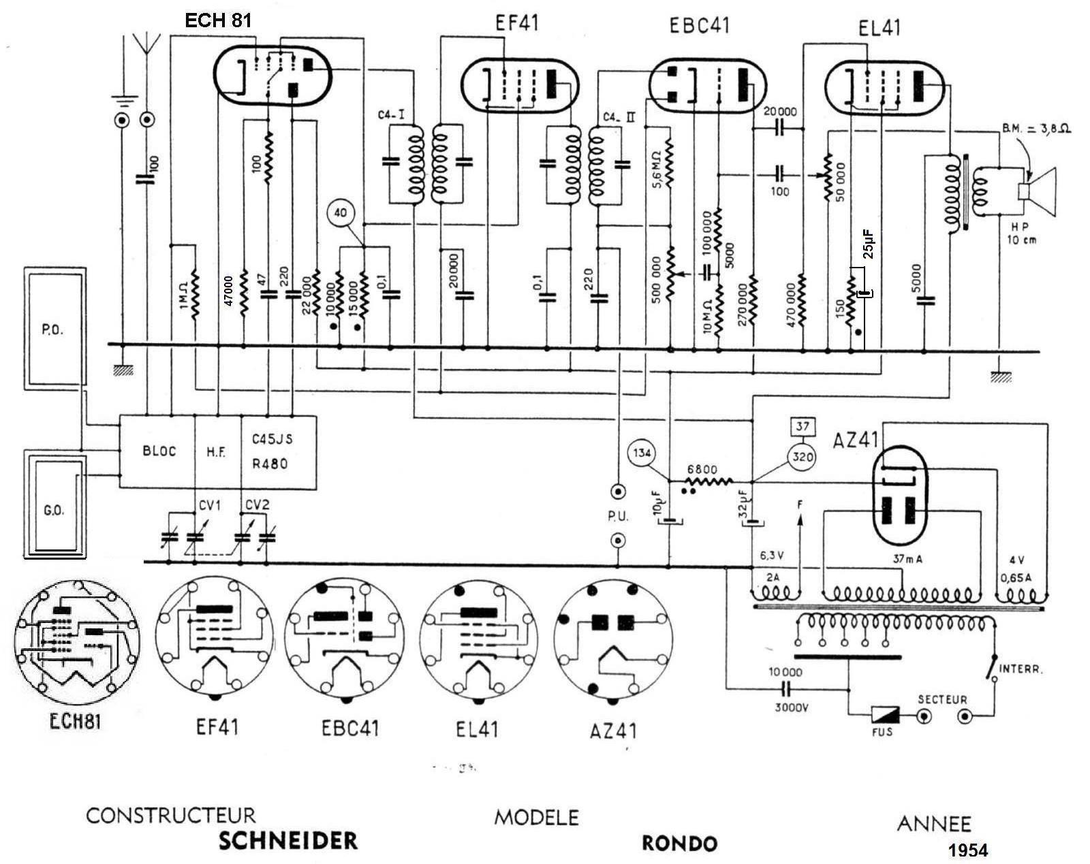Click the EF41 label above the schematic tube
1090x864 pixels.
tap(516, 23)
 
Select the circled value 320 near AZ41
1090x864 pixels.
tap(803, 457)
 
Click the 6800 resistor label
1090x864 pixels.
tap(702, 469)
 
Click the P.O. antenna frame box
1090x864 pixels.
tap(54, 329)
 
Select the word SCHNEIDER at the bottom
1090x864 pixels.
tap(287, 841)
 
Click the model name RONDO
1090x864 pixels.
tap(679, 844)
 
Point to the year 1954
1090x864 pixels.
tap(967, 850)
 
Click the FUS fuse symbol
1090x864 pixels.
tap(885, 716)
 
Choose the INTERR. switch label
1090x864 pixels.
tap(1021, 669)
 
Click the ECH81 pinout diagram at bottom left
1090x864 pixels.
tap(76, 638)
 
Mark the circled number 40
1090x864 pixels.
tap(341, 213)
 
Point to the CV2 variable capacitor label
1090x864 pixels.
tap(257, 505)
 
